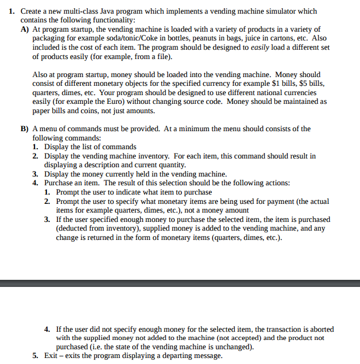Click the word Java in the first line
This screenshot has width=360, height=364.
point(107,11)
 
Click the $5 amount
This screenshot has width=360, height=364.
point(308,83)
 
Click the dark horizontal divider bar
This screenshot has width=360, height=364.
point(180,283)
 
